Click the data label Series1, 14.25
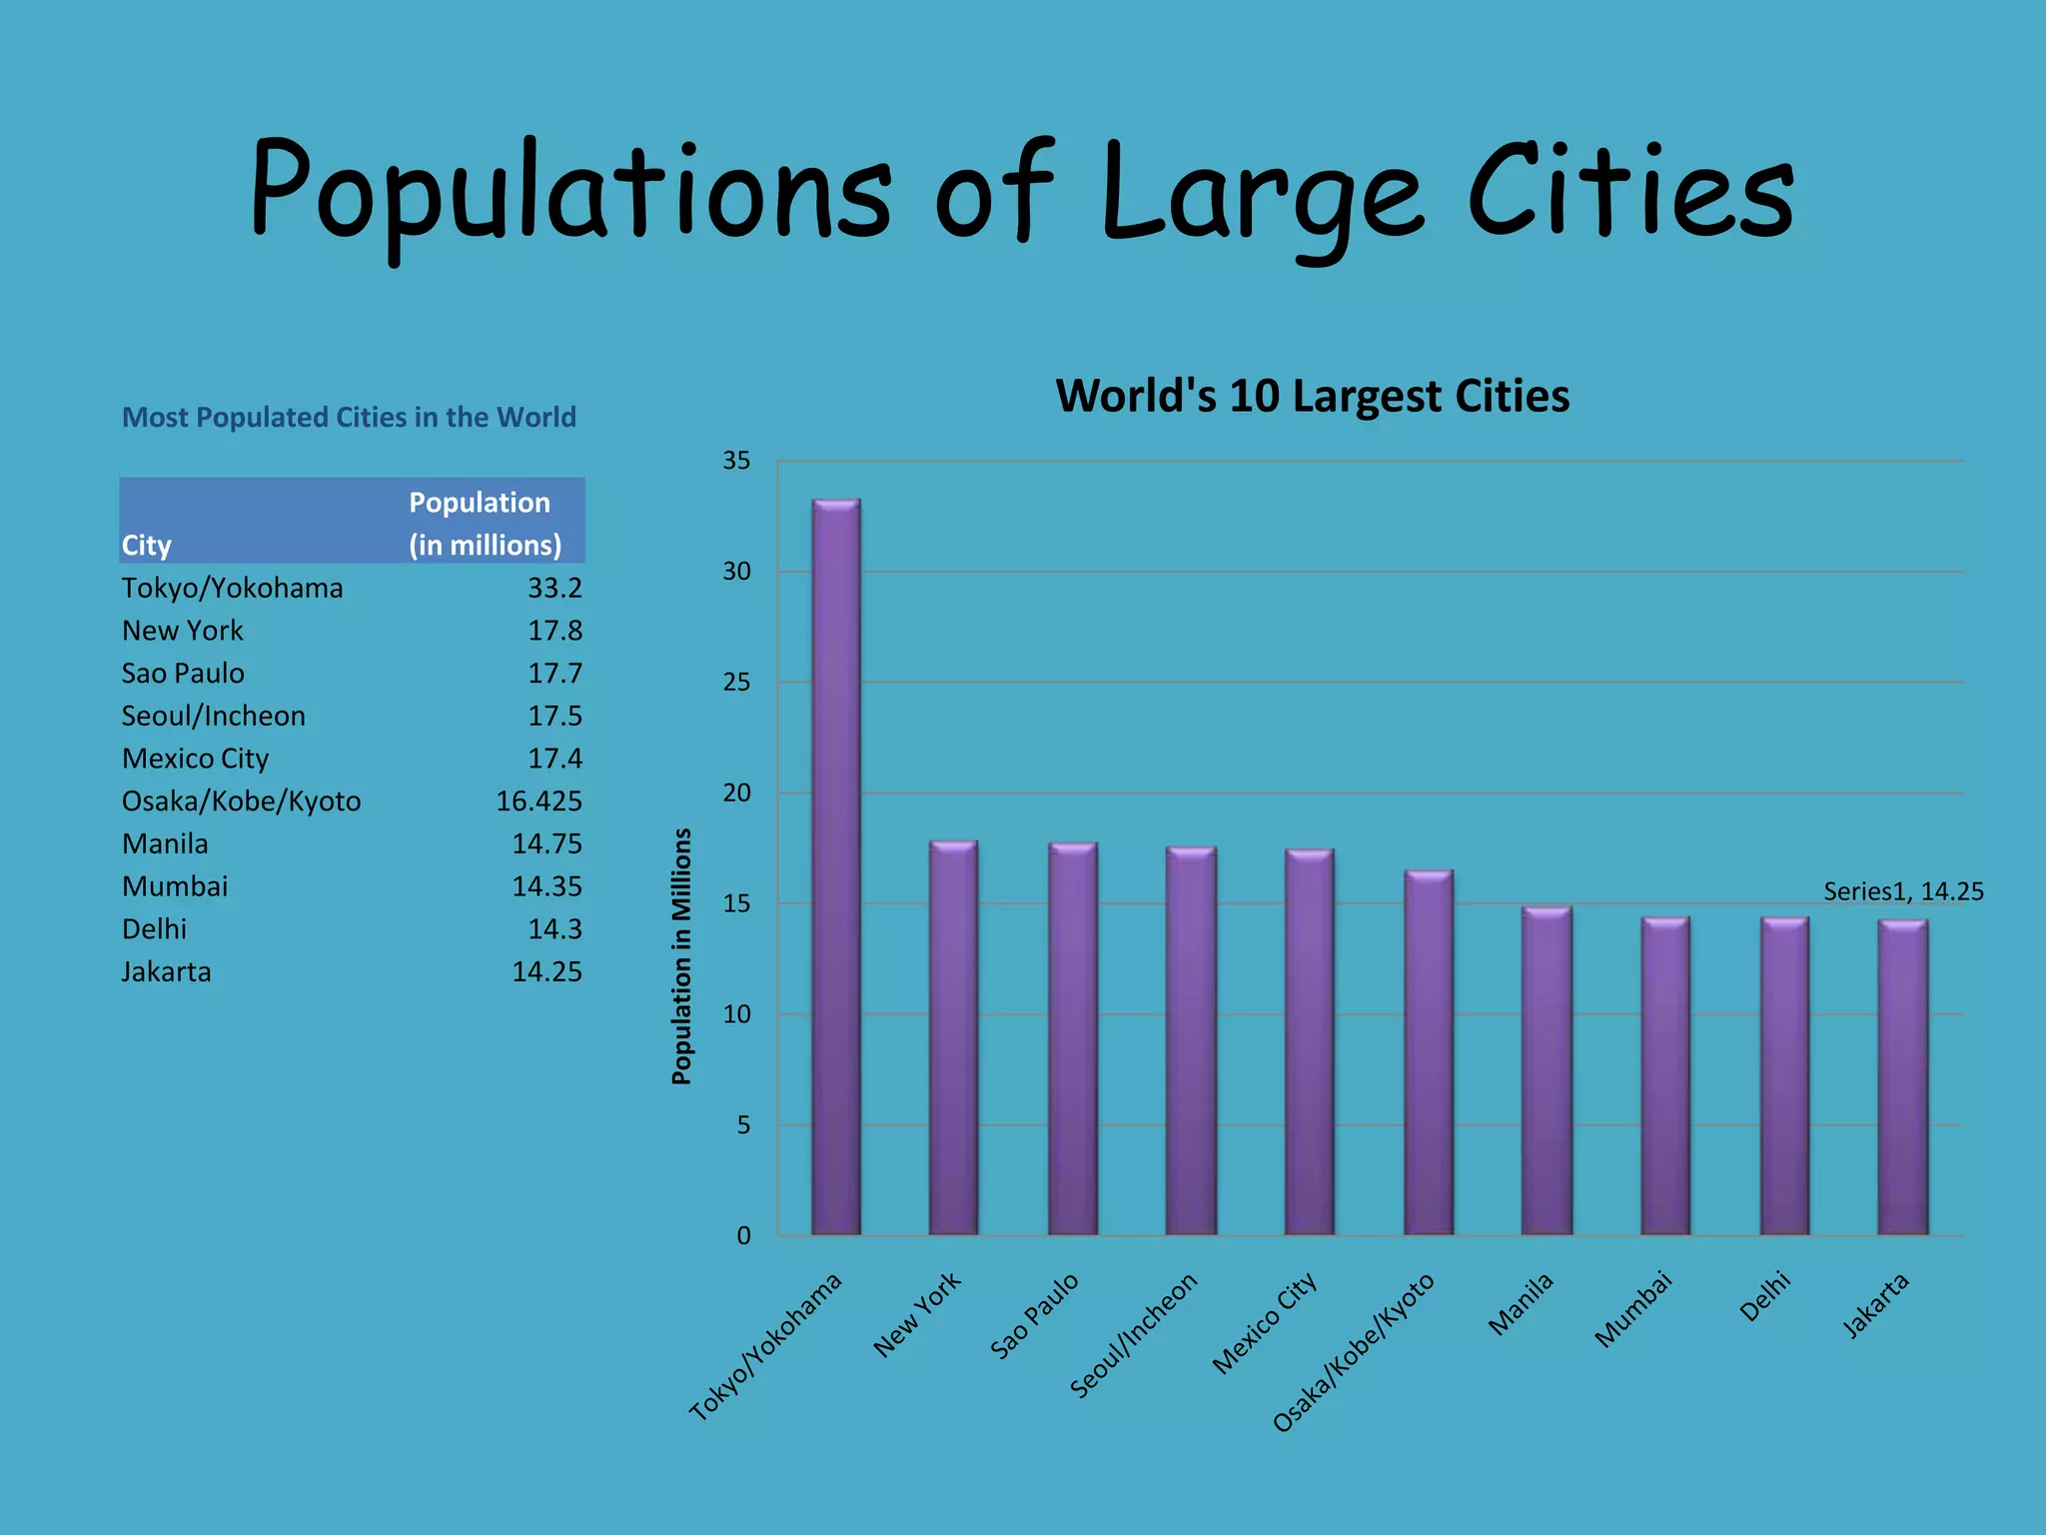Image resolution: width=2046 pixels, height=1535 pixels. point(1903,891)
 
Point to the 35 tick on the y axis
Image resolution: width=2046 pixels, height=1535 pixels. point(737,461)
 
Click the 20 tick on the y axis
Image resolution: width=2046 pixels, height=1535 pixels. point(737,793)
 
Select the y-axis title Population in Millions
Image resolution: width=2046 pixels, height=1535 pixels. point(681,956)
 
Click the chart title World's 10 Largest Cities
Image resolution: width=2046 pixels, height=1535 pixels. point(1312,396)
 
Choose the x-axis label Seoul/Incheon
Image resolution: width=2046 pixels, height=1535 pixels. point(1134,1334)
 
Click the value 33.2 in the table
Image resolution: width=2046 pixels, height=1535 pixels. point(554,588)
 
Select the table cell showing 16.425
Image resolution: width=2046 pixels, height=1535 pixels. point(538,801)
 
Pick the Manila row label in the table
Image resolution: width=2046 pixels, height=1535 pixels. point(165,844)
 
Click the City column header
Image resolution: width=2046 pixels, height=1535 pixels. point(147,546)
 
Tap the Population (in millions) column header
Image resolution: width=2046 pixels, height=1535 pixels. point(485,523)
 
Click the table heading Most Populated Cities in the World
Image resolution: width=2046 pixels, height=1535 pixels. point(349,417)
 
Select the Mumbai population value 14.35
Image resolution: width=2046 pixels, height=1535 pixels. point(546,886)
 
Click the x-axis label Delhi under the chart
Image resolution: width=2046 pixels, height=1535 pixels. point(1765,1297)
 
